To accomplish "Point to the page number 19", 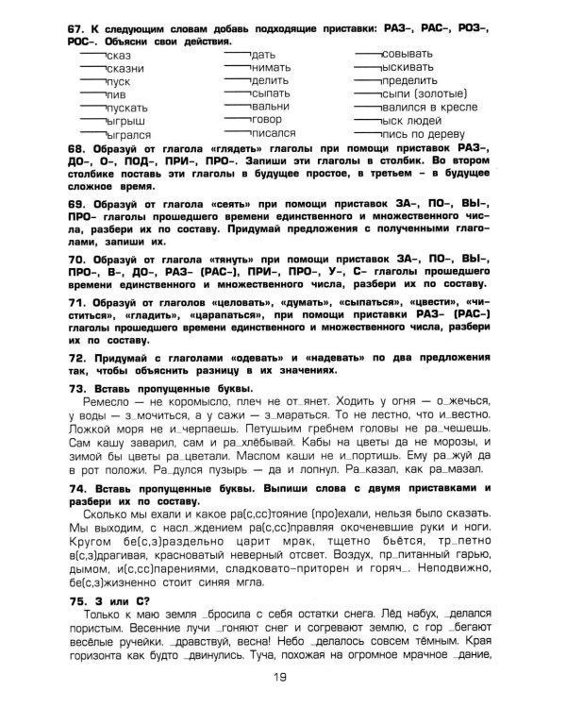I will coord(280,676).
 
